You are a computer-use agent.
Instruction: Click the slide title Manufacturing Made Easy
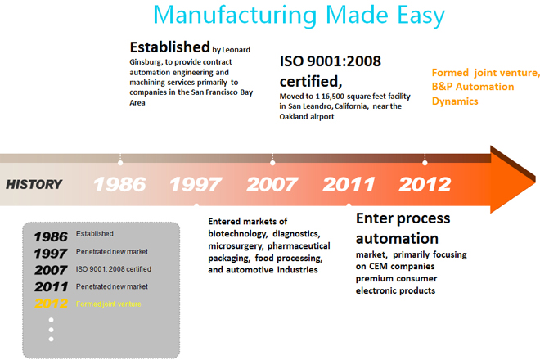299,16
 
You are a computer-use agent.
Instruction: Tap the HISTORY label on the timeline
34,185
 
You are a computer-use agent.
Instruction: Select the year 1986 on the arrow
119,184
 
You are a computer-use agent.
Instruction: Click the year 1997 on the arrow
196,184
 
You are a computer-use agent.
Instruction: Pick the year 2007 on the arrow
272,184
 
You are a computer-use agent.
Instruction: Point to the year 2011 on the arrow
349,184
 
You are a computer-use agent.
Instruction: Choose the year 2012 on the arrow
425,184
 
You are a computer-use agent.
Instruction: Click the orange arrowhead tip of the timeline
536,180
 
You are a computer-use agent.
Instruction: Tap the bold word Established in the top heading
170,47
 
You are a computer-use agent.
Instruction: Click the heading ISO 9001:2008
331,61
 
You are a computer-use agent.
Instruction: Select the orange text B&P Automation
473,87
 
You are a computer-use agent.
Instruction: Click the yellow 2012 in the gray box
51,304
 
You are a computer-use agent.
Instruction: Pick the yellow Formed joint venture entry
109,304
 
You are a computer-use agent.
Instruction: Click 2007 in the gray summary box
51,270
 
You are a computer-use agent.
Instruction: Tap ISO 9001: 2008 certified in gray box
114,269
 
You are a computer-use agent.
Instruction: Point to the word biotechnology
237,234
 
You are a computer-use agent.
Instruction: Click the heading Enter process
403,218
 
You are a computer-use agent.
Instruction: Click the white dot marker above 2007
272,163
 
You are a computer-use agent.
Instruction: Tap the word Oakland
293,116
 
